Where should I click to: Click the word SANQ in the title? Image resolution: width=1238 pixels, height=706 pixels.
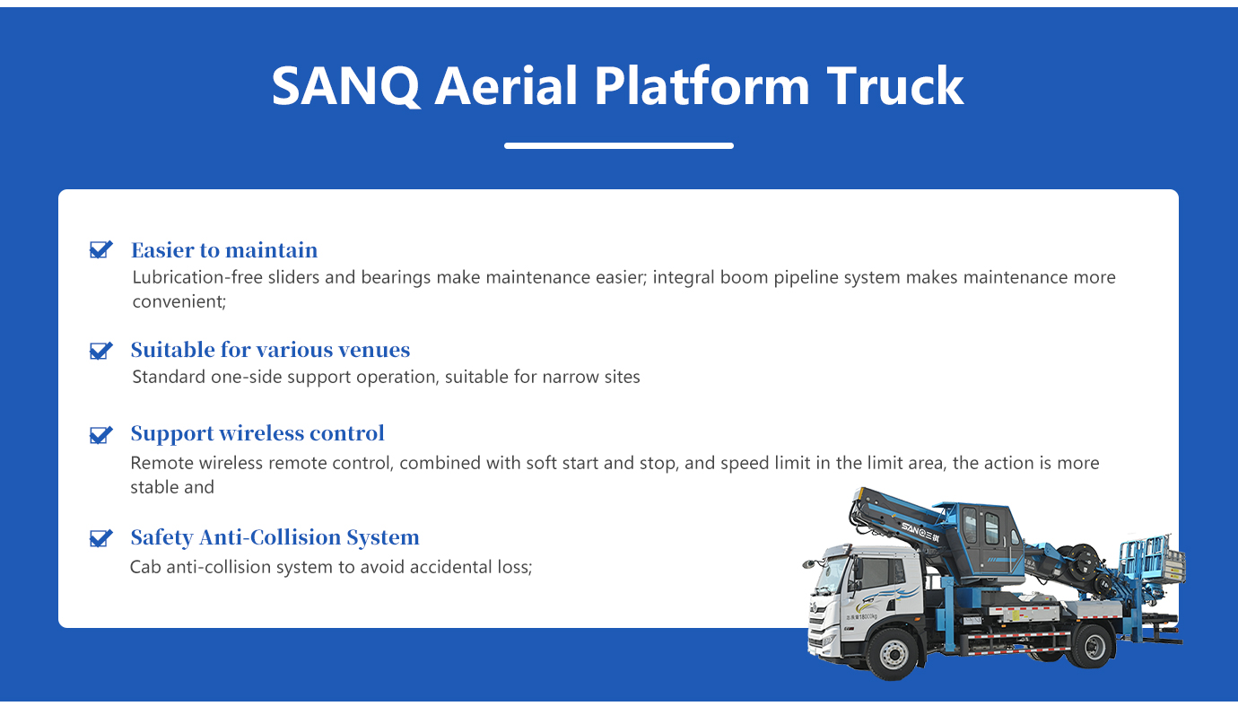345,87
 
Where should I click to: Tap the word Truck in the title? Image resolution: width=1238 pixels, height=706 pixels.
895,86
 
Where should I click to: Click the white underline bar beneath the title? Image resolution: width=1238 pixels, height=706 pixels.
618,145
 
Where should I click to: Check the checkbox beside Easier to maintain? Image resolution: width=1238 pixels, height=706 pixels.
101,249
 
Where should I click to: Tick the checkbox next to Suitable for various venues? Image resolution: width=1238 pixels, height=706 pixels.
101,351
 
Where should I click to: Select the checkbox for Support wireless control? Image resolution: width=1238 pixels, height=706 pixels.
101,434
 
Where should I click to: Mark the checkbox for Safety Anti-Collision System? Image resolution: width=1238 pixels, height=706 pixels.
101,538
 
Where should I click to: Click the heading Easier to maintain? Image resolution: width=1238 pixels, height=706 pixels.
224,250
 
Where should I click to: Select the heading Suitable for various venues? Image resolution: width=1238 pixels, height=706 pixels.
270,350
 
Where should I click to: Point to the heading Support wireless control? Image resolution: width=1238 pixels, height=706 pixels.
257,434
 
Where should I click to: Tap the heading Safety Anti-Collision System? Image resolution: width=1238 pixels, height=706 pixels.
275,537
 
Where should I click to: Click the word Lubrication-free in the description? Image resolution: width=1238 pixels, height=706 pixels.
197,277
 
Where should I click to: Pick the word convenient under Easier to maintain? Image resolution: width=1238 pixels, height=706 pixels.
178,301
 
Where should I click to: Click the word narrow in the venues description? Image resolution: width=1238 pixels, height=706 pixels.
571,377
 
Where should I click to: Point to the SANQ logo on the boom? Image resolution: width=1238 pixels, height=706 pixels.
920,531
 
